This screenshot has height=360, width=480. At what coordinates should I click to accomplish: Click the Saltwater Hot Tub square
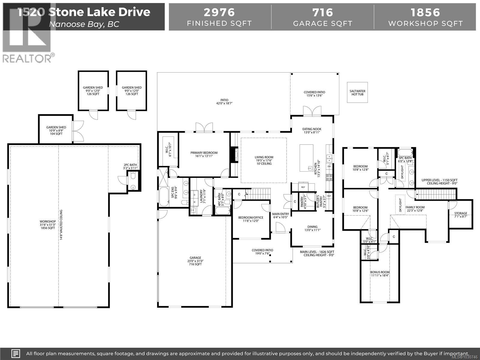[x=357, y=92]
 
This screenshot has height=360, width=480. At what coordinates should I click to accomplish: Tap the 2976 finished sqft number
[x=219, y=12]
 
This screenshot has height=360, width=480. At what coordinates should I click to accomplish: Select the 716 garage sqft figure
[x=322, y=12]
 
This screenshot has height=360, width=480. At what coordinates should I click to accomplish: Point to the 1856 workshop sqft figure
[x=425, y=12]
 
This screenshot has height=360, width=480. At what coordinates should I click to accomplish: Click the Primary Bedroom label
[x=204, y=153]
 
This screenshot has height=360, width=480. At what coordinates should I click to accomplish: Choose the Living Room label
[x=264, y=157]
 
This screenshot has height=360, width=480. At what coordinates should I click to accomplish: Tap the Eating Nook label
[x=312, y=129]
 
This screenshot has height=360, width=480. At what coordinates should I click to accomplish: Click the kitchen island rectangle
[x=307, y=158]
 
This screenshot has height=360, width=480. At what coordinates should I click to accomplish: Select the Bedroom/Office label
[x=251, y=217]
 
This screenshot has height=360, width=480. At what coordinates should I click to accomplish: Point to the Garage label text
[x=195, y=258]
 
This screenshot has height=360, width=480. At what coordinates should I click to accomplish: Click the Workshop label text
[x=48, y=221]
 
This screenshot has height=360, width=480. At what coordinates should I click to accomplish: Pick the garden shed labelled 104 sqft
[x=56, y=129]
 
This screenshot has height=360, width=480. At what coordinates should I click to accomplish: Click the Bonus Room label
[x=380, y=272]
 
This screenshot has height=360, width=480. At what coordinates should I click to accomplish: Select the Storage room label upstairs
[x=460, y=213]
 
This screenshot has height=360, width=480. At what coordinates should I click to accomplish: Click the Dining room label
[x=312, y=227]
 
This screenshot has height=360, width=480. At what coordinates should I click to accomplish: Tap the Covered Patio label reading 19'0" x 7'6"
[x=262, y=250]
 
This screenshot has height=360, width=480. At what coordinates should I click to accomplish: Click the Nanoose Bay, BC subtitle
[x=84, y=24]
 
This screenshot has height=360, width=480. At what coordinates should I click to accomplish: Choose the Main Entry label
[x=280, y=214]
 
